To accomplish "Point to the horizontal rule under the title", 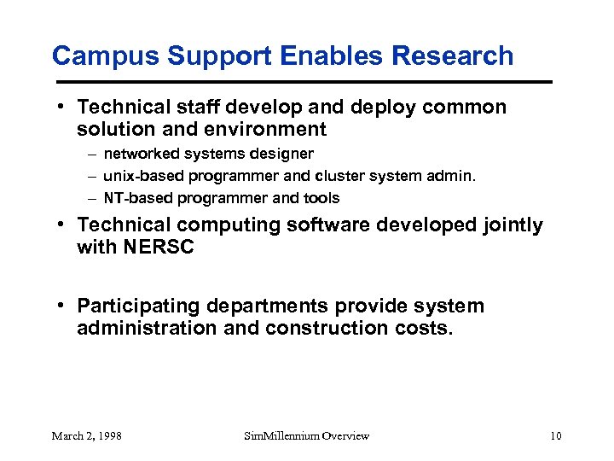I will pyautogui.click(x=302, y=82).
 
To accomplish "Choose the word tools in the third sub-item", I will pyautogui.click(x=321, y=198).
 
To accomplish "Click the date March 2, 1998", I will pyautogui.click(x=86, y=436).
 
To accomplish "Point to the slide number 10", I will pyautogui.click(x=555, y=436).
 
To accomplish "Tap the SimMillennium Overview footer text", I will pyautogui.click(x=306, y=436).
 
